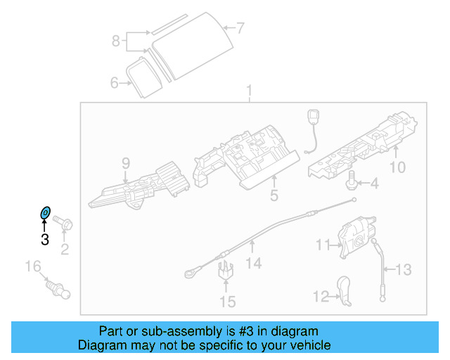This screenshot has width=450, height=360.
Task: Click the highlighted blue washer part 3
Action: coord(44,212)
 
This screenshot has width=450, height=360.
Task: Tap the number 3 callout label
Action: coord(44,240)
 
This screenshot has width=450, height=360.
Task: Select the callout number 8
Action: coord(116,41)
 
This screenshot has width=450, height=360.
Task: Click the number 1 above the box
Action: coord(248,91)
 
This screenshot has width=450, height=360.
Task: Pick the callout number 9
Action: coord(126,164)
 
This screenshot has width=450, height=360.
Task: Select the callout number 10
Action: coord(397,167)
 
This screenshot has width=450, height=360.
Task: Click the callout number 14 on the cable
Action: coord(253,263)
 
